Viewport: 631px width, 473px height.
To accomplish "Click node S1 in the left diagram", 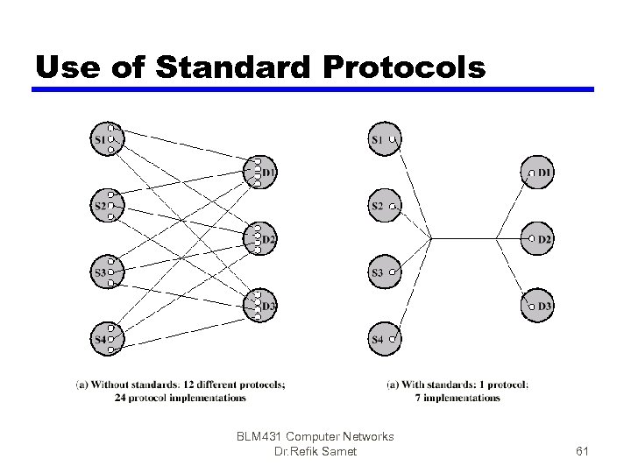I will (x=103, y=138).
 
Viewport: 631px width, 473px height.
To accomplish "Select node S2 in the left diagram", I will (x=103, y=206).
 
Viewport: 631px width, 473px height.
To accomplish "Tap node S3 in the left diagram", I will (x=103, y=272).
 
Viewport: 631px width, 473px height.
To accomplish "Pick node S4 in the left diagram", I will (x=103, y=338).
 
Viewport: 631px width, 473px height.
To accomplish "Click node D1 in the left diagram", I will (x=265, y=172).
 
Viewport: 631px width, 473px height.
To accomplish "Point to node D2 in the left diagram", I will (x=265, y=238).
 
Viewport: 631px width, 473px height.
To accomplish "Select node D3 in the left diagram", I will (x=265, y=305).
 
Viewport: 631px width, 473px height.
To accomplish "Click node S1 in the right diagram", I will (x=381, y=138).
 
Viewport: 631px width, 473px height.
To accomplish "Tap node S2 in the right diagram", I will (x=381, y=206).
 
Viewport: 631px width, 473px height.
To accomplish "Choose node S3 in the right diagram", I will (x=381, y=272).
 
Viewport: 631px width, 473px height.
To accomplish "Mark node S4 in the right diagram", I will (x=381, y=338).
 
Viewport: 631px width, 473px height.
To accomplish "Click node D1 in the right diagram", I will (x=540, y=173).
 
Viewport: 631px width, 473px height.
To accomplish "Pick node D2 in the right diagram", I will (x=540, y=238).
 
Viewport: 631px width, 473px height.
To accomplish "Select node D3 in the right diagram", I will (x=540, y=306).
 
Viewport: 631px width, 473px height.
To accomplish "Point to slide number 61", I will (x=582, y=450).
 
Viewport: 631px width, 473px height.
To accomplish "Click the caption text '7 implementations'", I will (x=457, y=397).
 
